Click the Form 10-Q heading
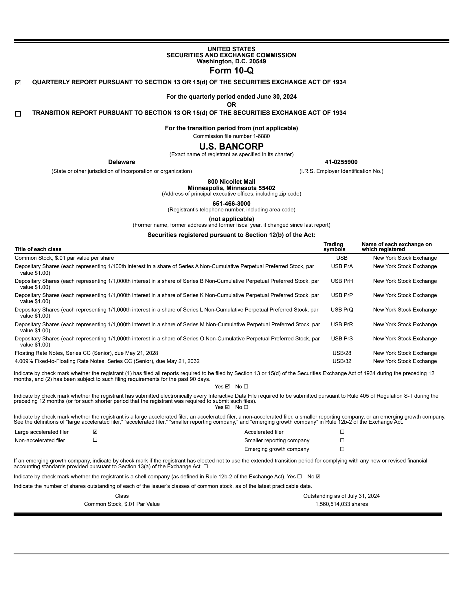tap(231, 70)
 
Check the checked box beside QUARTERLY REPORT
tap(18, 83)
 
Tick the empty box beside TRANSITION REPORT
tap(18, 114)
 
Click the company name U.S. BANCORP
tap(231, 146)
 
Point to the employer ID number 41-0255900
tap(341, 162)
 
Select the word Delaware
tap(122, 162)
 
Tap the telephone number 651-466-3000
tap(231, 204)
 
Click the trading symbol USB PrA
tap(342, 266)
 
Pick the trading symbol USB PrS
tap(342, 339)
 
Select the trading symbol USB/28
tap(342, 353)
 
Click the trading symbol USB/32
tap(342, 361)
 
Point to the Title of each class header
tap(38, 249)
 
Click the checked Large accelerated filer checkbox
tap(95, 432)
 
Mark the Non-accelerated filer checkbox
tap(95, 440)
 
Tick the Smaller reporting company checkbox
tap(342, 440)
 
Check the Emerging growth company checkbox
tap(342, 449)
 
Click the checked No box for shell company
tap(318, 477)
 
